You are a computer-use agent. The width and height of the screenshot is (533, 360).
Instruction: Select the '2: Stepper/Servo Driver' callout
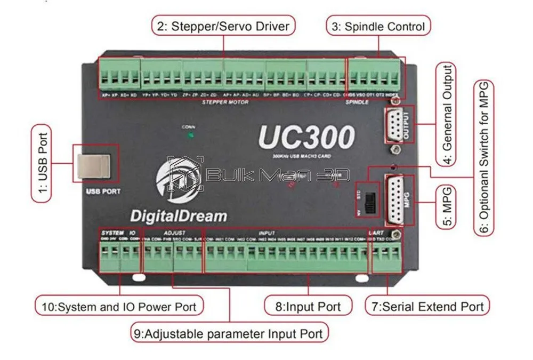(x=224, y=26)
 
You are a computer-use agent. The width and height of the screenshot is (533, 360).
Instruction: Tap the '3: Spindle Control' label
(x=378, y=26)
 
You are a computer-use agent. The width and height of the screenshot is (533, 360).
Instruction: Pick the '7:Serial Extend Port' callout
(x=427, y=306)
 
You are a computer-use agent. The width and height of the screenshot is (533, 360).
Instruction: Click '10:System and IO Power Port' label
(x=119, y=306)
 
